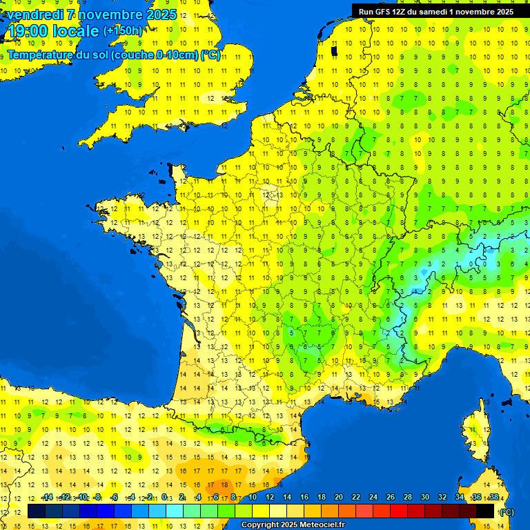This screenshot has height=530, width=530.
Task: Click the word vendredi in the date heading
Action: click(x=35, y=14)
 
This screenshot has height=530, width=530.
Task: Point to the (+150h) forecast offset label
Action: click(x=123, y=31)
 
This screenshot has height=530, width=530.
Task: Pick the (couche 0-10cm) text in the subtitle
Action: click(x=155, y=55)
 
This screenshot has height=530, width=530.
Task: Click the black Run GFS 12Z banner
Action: click(x=435, y=11)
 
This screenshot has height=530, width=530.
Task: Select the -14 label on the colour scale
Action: click(x=46, y=498)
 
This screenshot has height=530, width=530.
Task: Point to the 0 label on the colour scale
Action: click(x=164, y=498)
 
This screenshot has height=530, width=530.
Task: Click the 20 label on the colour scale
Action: click(x=338, y=498)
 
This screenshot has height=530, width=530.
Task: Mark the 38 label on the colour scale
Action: click(x=493, y=498)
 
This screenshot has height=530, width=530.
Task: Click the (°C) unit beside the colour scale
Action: click(x=507, y=512)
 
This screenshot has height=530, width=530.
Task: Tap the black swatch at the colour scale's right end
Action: click(x=485, y=511)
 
